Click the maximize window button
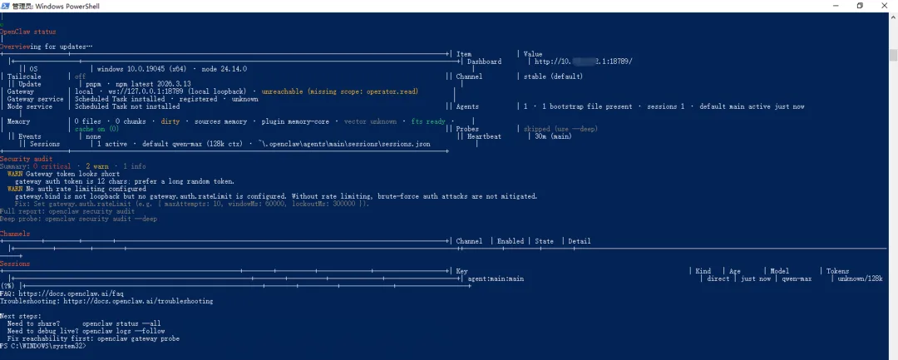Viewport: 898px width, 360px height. pos(860,6)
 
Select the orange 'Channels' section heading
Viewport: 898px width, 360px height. pos(15,234)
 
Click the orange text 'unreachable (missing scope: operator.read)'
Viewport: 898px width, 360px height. pos(339,91)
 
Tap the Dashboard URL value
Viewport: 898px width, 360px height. pos(583,62)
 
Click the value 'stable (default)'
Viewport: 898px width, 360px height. pos(553,76)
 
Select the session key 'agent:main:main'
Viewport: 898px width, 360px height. pos(496,279)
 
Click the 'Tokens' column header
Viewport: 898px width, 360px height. pos(837,271)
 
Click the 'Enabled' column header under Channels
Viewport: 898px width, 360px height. pos(511,241)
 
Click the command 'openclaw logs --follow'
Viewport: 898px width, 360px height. pos(127,331)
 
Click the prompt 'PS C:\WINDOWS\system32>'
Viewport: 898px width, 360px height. pos(42,346)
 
